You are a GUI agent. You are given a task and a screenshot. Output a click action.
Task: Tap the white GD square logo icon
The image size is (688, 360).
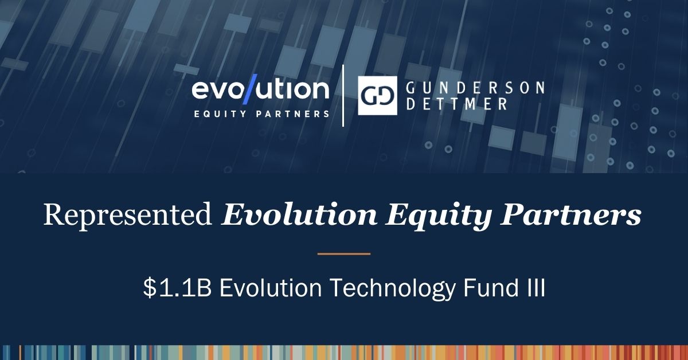[377, 96]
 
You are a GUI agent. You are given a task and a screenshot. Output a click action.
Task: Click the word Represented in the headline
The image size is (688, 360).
[127, 216]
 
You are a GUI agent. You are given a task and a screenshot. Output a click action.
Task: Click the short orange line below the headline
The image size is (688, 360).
[343, 253]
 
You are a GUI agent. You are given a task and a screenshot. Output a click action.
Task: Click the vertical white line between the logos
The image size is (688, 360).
[343, 96]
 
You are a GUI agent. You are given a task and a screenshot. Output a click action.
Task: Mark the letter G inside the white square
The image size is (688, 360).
[370, 96]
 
